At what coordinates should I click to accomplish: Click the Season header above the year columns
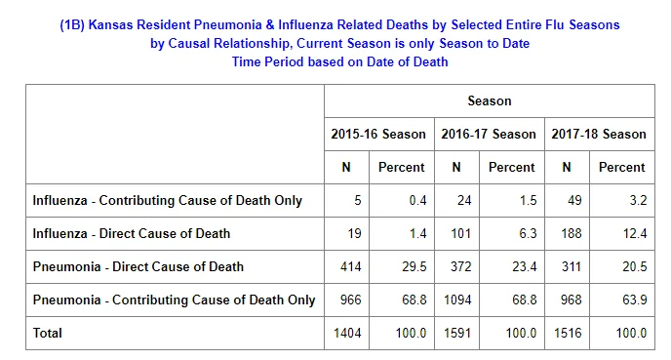(490, 101)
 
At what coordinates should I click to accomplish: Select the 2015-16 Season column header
(378, 134)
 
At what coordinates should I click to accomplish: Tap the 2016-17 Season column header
(489, 134)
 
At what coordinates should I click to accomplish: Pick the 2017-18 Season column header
(599, 134)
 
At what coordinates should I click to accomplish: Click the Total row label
(48, 333)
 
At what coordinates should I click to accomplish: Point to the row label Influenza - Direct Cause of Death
(132, 233)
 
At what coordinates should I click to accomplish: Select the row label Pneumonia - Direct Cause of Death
(138, 266)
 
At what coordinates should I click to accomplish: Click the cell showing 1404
(347, 333)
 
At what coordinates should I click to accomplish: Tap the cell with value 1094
(457, 300)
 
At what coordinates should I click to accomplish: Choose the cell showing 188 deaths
(572, 233)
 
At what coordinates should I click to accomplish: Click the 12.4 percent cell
(635, 233)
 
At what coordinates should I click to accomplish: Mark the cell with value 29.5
(414, 266)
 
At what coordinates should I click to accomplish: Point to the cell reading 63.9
(635, 300)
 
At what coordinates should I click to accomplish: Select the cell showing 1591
(457, 333)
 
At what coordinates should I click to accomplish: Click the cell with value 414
(351, 266)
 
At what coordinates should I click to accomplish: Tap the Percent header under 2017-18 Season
(622, 167)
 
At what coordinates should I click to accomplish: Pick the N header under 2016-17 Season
(456, 167)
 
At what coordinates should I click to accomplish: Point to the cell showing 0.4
(417, 200)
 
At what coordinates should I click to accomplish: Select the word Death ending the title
(429, 61)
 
